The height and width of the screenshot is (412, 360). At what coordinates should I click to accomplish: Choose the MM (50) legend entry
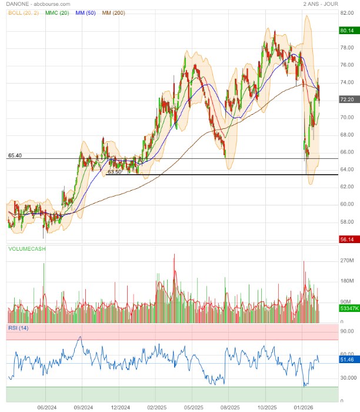87,12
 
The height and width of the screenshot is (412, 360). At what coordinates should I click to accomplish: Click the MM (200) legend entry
115,12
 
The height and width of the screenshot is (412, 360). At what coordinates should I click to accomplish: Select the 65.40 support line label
15,155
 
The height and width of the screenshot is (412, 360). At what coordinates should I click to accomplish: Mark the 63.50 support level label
115,172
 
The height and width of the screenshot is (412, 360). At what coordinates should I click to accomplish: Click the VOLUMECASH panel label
27,249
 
